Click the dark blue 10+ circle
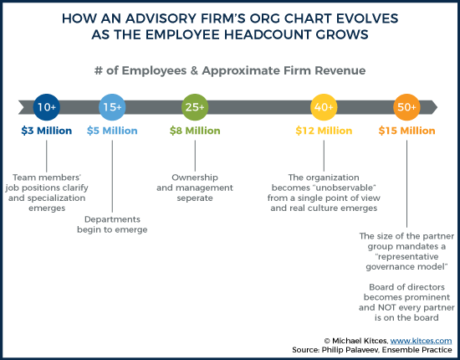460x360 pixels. pyautogui.click(x=46, y=107)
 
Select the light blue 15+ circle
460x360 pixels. pyautogui.click(x=112, y=107)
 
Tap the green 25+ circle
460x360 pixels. pyautogui.click(x=195, y=107)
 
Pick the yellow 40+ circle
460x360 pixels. pyautogui.click(x=324, y=107)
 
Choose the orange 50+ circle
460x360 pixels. pyautogui.click(x=406, y=107)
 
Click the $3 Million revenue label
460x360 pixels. pyautogui.click(x=46, y=131)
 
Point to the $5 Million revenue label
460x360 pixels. pyautogui.click(x=112, y=131)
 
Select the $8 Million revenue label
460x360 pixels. pyautogui.click(x=195, y=131)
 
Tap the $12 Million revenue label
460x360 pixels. pyautogui.click(x=324, y=131)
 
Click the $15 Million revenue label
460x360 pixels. pyautogui.click(x=406, y=131)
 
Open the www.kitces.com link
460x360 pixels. pyautogui.click(x=421, y=341)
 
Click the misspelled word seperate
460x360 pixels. pyautogui.click(x=195, y=198)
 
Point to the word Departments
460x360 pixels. pyautogui.click(x=112, y=219)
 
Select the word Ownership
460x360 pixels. pyautogui.click(x=195, y=177)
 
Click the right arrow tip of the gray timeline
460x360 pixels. pyautogui.click(x=437, y=107)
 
